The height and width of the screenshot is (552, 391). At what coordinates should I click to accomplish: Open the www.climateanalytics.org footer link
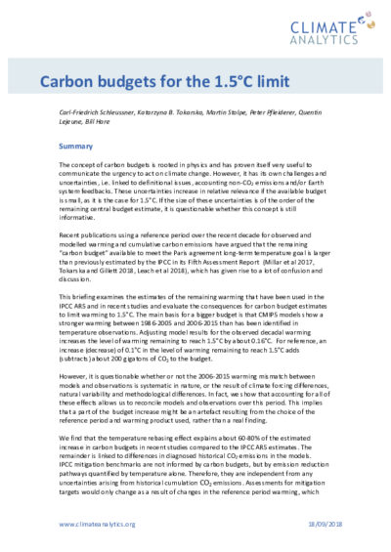point(96,524)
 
